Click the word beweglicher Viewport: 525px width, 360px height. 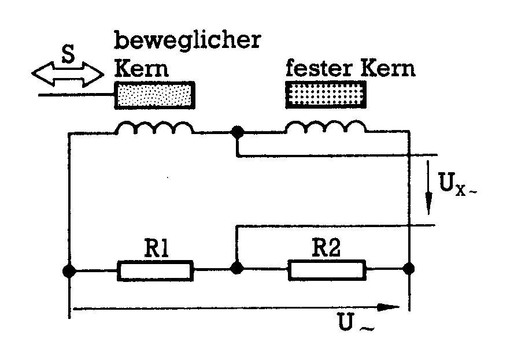pos(187,42)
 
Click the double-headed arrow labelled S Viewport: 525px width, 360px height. pos(68,73)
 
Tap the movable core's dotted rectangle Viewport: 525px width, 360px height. pos(154,94)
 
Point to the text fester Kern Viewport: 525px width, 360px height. pos(350,69)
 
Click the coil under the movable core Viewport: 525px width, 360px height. pos(154,128)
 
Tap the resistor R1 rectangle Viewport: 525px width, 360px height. pos(154,270)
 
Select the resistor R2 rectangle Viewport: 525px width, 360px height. pos(326,270)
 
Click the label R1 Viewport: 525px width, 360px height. pos(154,250)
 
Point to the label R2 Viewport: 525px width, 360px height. pos(327,250)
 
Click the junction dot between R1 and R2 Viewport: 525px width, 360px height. pos(236,268)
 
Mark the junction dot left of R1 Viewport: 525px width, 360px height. pos(69,270)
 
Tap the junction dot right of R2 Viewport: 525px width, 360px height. pos(409,268)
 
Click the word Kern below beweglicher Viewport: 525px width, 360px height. pos(141,69)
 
